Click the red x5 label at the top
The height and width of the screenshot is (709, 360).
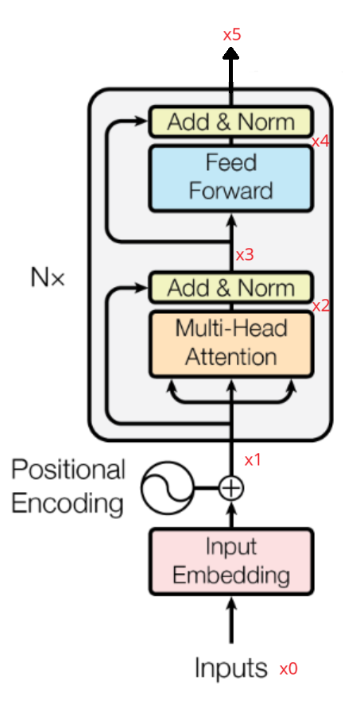pyautogui.click(x=232, y=35)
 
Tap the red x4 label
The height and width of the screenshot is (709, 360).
pyautogui.click(x=320, y=141)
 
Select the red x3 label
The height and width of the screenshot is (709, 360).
pyautogui.click(x=245, y=255)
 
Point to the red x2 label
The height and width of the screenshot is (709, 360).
pyautogui.click(x=320, y=306)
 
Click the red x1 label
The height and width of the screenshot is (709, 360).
pyautogui.click(x=253, y=459)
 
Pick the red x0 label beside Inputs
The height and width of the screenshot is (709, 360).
pyautogui.click(x=288, y=669)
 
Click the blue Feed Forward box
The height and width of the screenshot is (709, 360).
pyautogui.click(x=230, y=177)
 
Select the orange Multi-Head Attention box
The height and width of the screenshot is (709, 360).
pyautogui.click(x=230, y=343)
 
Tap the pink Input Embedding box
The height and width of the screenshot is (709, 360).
pyautogui.click(x=230, y=561)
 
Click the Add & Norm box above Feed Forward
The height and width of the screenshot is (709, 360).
pyautogui.click(x=230, y=122)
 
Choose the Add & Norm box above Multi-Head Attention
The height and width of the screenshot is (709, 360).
pyautogui.click(x=230, y=287)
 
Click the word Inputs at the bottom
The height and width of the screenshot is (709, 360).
pyautogui.click(x=232, y=668)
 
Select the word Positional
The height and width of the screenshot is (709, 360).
pyautogui.click(x=68, y=470)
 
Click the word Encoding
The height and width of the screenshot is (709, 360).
pyautogui.click(x=68, y=503)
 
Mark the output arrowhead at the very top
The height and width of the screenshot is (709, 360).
pyautogui.click(x=231, y=53)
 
